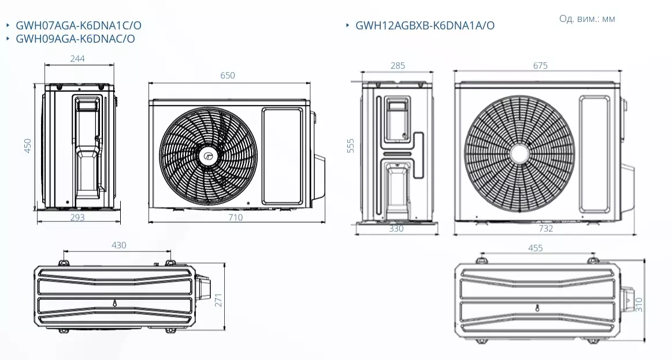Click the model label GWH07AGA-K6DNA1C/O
point(79,25)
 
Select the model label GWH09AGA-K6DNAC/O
point(75,39)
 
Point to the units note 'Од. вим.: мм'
point(587,18)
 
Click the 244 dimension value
point(77,58)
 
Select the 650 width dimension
point(228,76)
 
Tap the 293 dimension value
point(77,217)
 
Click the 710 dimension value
point(235,217)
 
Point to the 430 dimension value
point(118,245)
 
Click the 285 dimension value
point(398,66)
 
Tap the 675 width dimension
point(540,66)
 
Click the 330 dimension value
point(396,228)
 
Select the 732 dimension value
point(545,228)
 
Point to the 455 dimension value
point(535,248)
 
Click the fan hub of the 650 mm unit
point(208,155)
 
